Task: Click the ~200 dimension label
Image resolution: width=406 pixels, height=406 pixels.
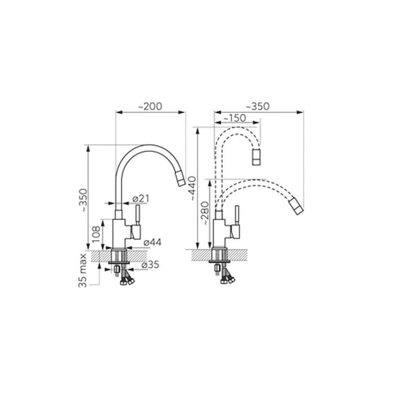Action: tap(150, 106)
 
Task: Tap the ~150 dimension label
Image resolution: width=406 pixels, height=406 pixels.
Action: tap(234, 118)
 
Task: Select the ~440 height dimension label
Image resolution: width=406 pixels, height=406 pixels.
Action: tap(193, 188)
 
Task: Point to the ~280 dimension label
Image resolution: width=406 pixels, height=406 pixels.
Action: tap(205, 213)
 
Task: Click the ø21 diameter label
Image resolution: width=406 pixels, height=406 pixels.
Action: tap(141, 198)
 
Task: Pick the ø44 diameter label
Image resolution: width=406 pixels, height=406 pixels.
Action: tap(152, 242)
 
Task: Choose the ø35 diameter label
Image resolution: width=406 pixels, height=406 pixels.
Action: tap(150, 265)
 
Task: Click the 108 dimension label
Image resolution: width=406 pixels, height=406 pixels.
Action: tap(96, 234)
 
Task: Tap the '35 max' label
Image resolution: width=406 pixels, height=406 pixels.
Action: tap(83, 271)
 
